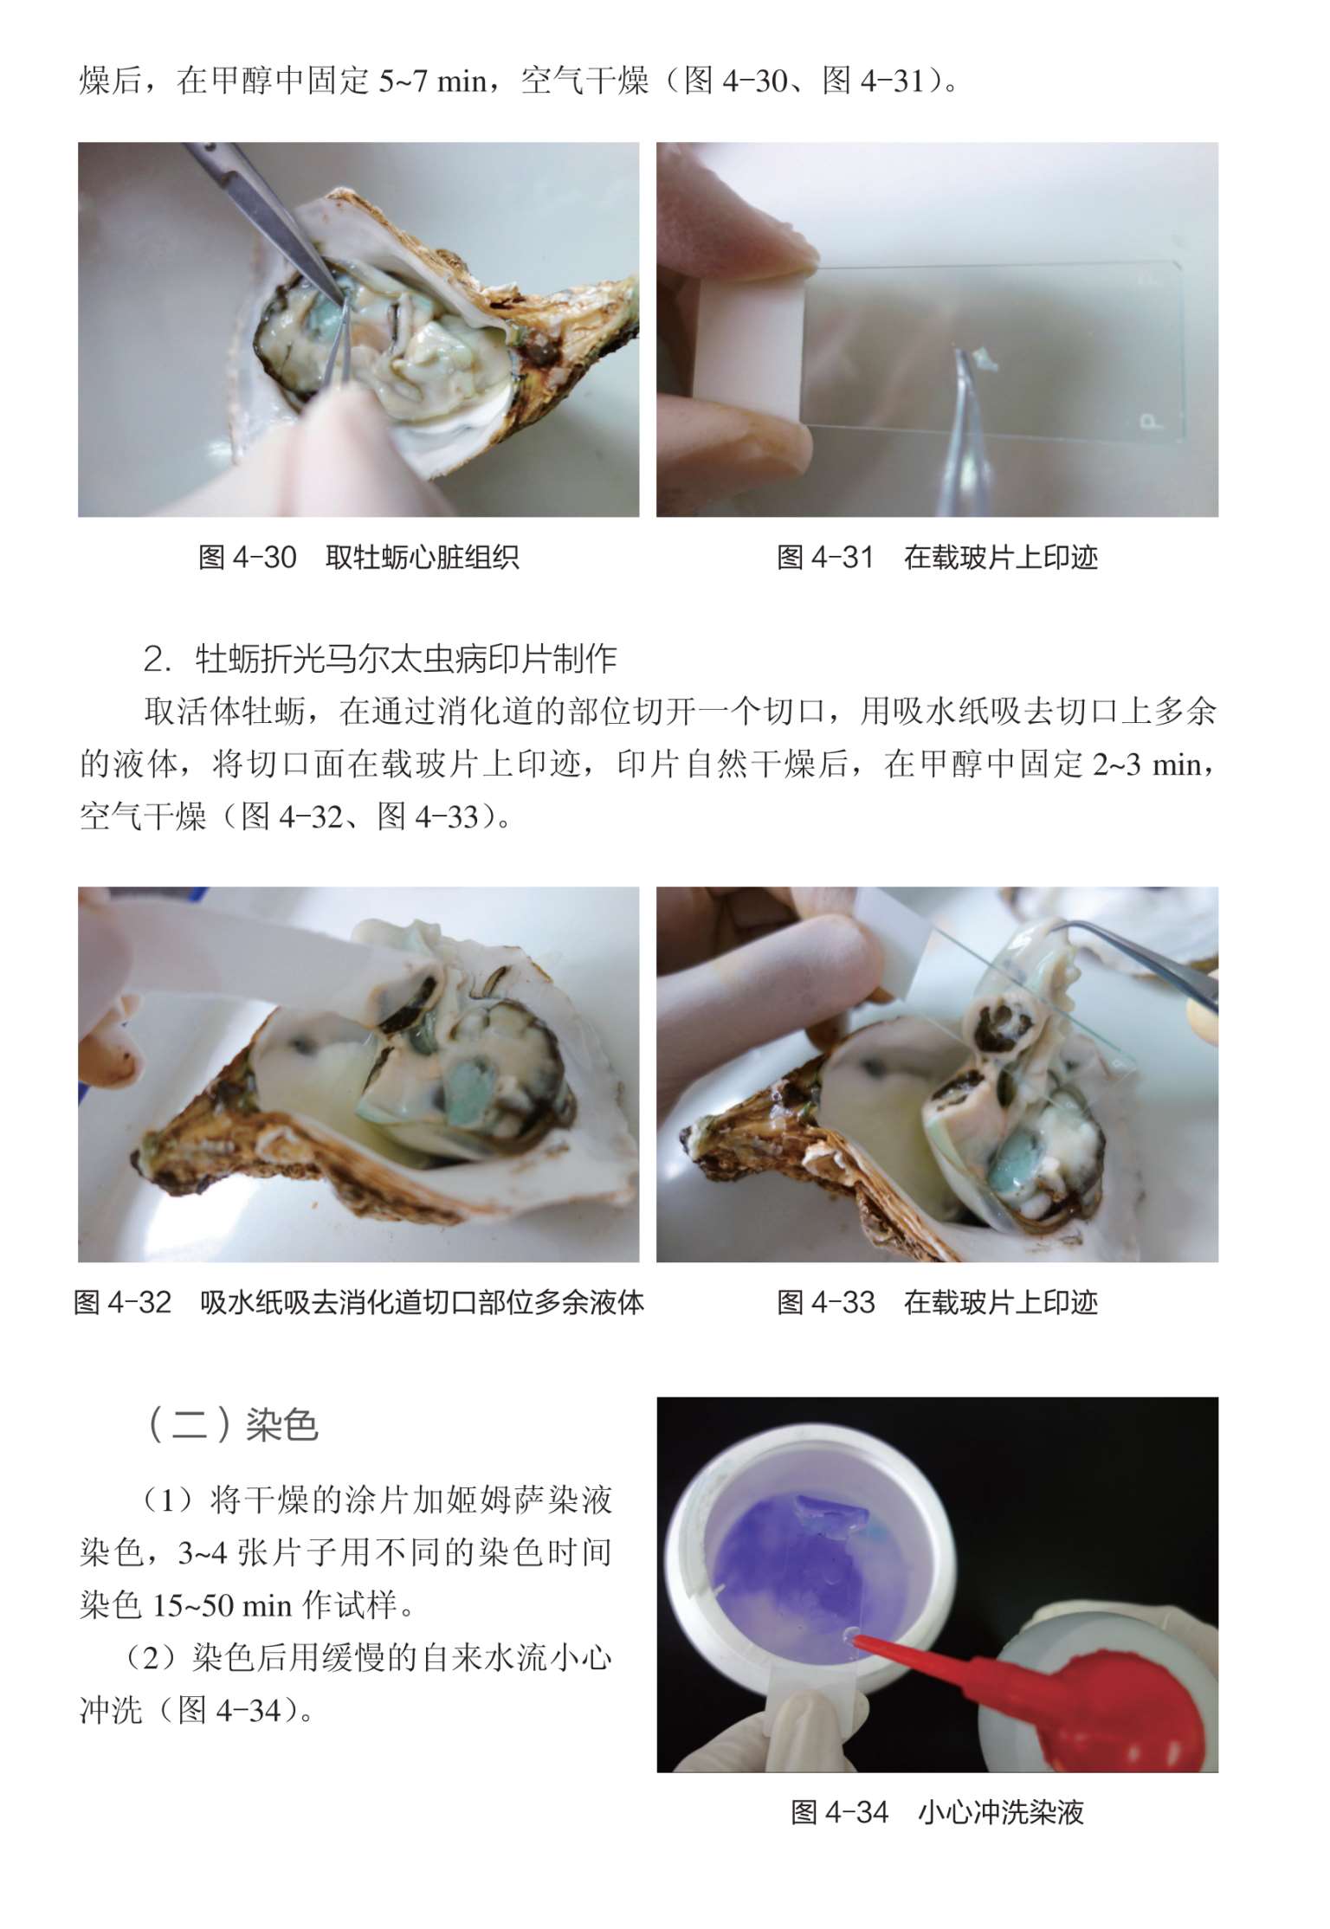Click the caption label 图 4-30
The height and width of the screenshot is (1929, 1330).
(x=248, y=557)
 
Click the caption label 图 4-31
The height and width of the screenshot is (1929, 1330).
(x=825, y=557)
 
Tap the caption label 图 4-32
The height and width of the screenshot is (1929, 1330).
(x=123, y=1302)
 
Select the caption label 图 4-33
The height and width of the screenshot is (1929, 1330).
(x=826, y=1302)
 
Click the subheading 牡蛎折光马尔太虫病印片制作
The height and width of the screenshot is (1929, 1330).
(x=406, y=660)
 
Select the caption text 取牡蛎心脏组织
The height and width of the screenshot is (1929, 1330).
(x=423, y=557)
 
